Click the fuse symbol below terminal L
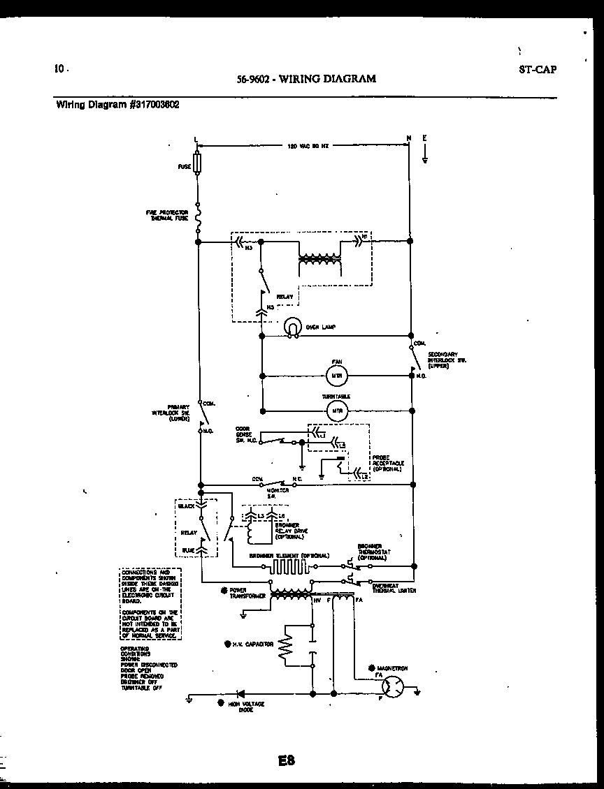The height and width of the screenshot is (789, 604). (x=198, y=165)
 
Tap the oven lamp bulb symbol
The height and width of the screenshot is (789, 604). (x=292, y=327)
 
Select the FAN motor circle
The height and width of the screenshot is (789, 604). (x=337, y=376)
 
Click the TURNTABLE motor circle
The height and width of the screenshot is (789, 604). (x=337, y=411)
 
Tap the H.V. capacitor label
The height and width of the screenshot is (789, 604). (x=252, y=644)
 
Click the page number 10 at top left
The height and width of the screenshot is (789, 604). (x=59, y=68)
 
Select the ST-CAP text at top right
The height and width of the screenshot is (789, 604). (x=538, y=69)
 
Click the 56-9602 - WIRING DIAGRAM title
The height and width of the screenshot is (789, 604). (x=306, y=79)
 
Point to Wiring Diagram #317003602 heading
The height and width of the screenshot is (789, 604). (x=117, y=105)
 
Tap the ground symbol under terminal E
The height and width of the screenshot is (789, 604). (x=424, y=159)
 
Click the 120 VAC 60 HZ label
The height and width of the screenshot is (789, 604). (x=308, y=147)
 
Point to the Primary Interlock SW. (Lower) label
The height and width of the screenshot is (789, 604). (x=171, y=413)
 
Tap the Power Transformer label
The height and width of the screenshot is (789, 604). (x=243, y=594)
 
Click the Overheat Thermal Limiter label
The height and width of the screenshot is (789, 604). (x=394, y=588)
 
